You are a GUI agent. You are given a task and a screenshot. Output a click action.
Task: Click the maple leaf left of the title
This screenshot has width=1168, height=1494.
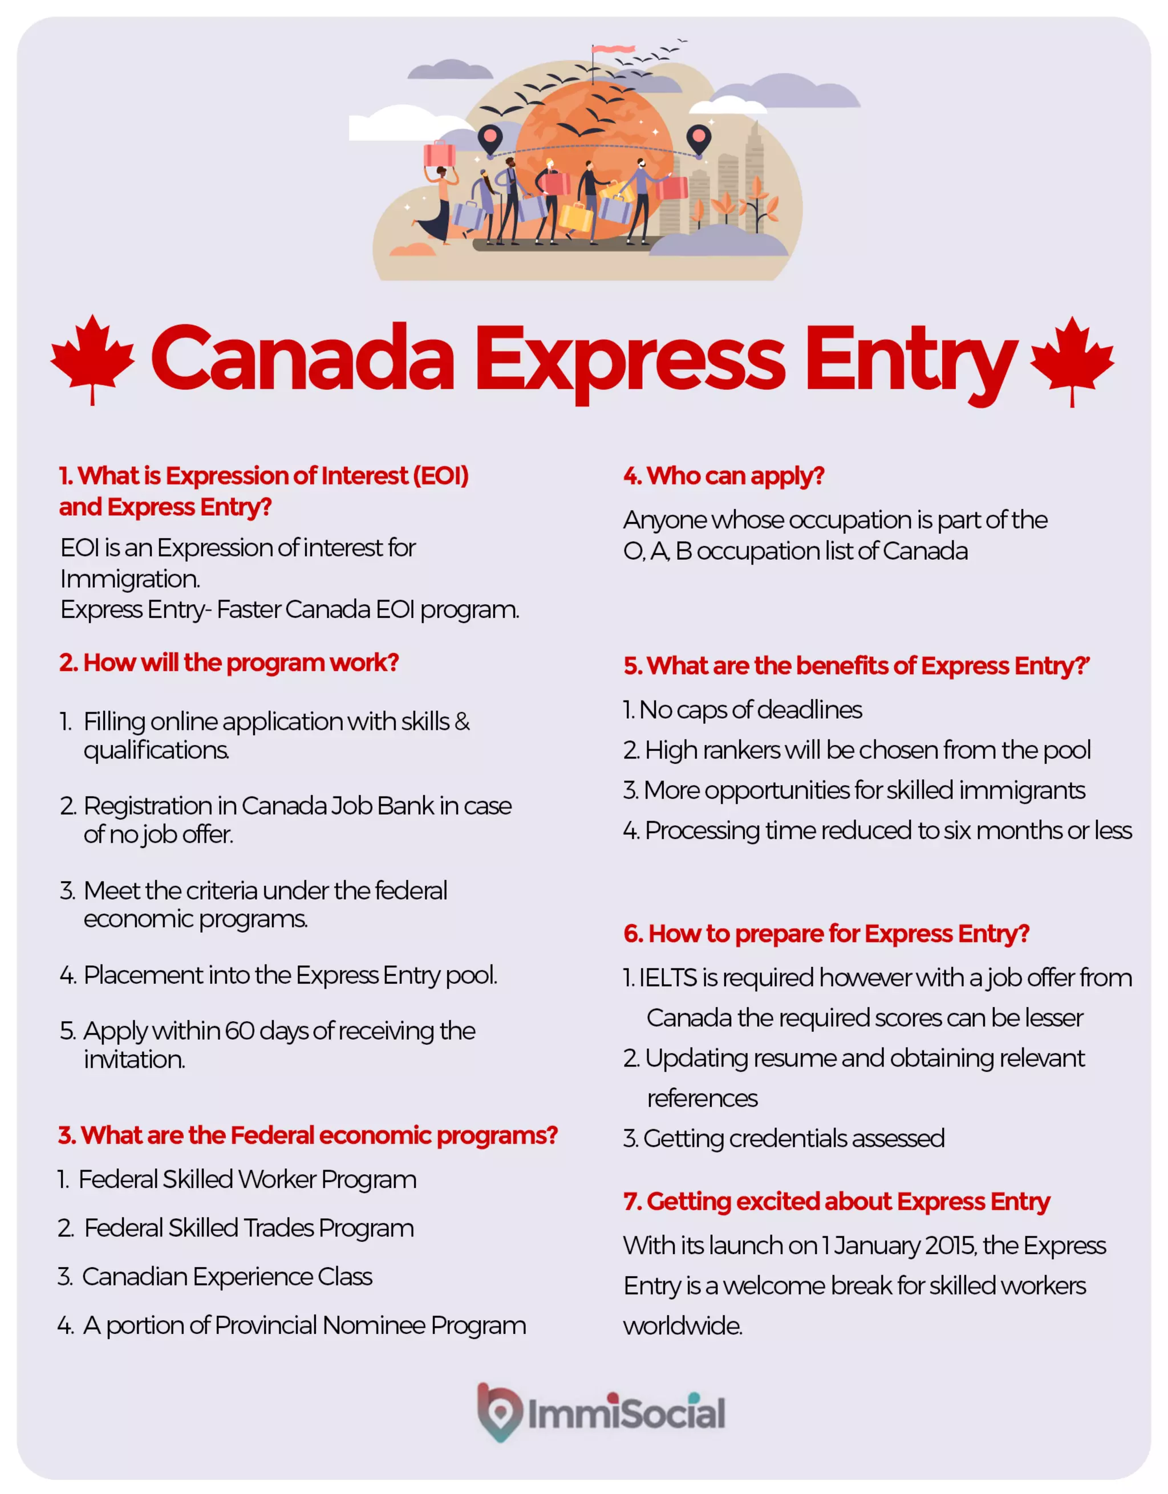(92, 356)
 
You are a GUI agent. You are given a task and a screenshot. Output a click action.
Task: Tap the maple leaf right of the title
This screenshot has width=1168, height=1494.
(1072, 357)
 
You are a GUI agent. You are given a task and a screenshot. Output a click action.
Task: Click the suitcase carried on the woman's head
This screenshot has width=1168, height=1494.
(439, 154)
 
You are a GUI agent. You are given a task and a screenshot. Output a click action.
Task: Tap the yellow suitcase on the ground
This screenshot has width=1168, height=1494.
(575, 218)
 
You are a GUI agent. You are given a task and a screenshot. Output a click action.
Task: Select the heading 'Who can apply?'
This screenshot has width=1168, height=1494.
(723, 475)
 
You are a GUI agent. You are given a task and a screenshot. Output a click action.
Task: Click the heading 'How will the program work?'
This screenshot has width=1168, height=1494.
(229, 662)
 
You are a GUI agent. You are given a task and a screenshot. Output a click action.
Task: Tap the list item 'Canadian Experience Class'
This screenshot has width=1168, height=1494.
(226, 1276)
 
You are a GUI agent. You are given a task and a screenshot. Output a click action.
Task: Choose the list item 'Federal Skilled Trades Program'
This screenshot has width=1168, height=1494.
(249, 1228)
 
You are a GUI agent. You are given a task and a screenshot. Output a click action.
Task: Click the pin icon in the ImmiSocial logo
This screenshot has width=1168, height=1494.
(500, 1411)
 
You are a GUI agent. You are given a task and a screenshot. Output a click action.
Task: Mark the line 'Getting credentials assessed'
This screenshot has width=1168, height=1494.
(793, 1138)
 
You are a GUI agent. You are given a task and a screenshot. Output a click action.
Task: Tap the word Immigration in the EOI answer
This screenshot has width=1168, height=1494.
(130, 579)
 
